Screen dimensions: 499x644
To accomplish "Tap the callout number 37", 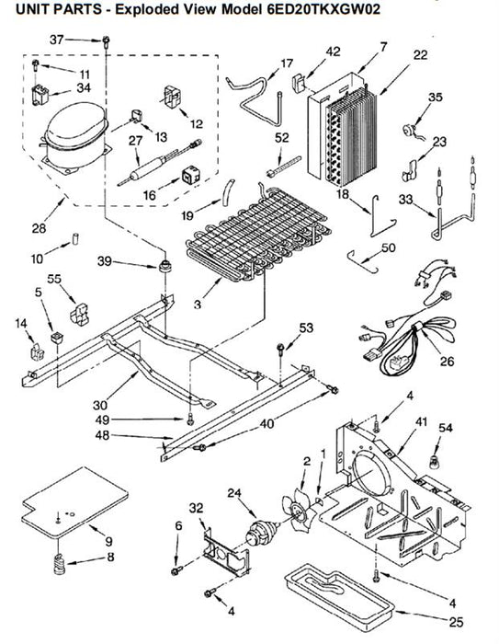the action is (57, 40).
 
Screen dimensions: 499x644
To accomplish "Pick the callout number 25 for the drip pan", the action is (456, 622).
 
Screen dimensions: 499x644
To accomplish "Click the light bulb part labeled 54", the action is (434, 462).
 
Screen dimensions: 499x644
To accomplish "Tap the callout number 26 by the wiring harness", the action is (448, 361).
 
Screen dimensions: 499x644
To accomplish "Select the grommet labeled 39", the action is (165, 265).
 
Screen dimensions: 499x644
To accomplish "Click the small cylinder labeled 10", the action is (75, 238).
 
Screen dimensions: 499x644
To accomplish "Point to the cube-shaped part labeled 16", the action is (191, 175).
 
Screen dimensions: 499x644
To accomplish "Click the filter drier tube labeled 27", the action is (160, 163).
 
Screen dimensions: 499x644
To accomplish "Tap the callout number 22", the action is (421, 55).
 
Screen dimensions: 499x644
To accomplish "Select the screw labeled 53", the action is (280, 348).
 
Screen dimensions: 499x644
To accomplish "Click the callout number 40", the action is (267, 423).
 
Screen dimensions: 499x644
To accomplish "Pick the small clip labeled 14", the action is (37, 352).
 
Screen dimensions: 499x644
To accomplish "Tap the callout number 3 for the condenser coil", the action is (198, 305).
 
